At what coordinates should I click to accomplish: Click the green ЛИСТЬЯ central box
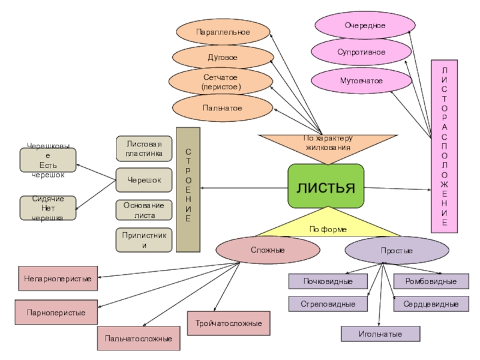326,186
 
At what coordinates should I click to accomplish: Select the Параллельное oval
223,31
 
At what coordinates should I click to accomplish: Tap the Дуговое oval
222,57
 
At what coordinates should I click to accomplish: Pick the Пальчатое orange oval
221,107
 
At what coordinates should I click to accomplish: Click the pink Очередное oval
365,26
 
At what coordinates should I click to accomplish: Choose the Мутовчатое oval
361,80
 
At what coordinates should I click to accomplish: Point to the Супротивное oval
361,53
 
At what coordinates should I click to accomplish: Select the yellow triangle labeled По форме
328,224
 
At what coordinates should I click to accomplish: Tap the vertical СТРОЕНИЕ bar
188,189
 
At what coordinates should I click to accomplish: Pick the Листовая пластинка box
143,149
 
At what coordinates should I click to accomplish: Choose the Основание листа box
143,210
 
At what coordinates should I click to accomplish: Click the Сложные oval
251,250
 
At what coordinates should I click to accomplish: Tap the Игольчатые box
380,334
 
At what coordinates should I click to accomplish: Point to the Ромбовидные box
431,281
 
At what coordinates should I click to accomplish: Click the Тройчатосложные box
229,323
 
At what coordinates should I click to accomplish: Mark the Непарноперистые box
58,279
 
